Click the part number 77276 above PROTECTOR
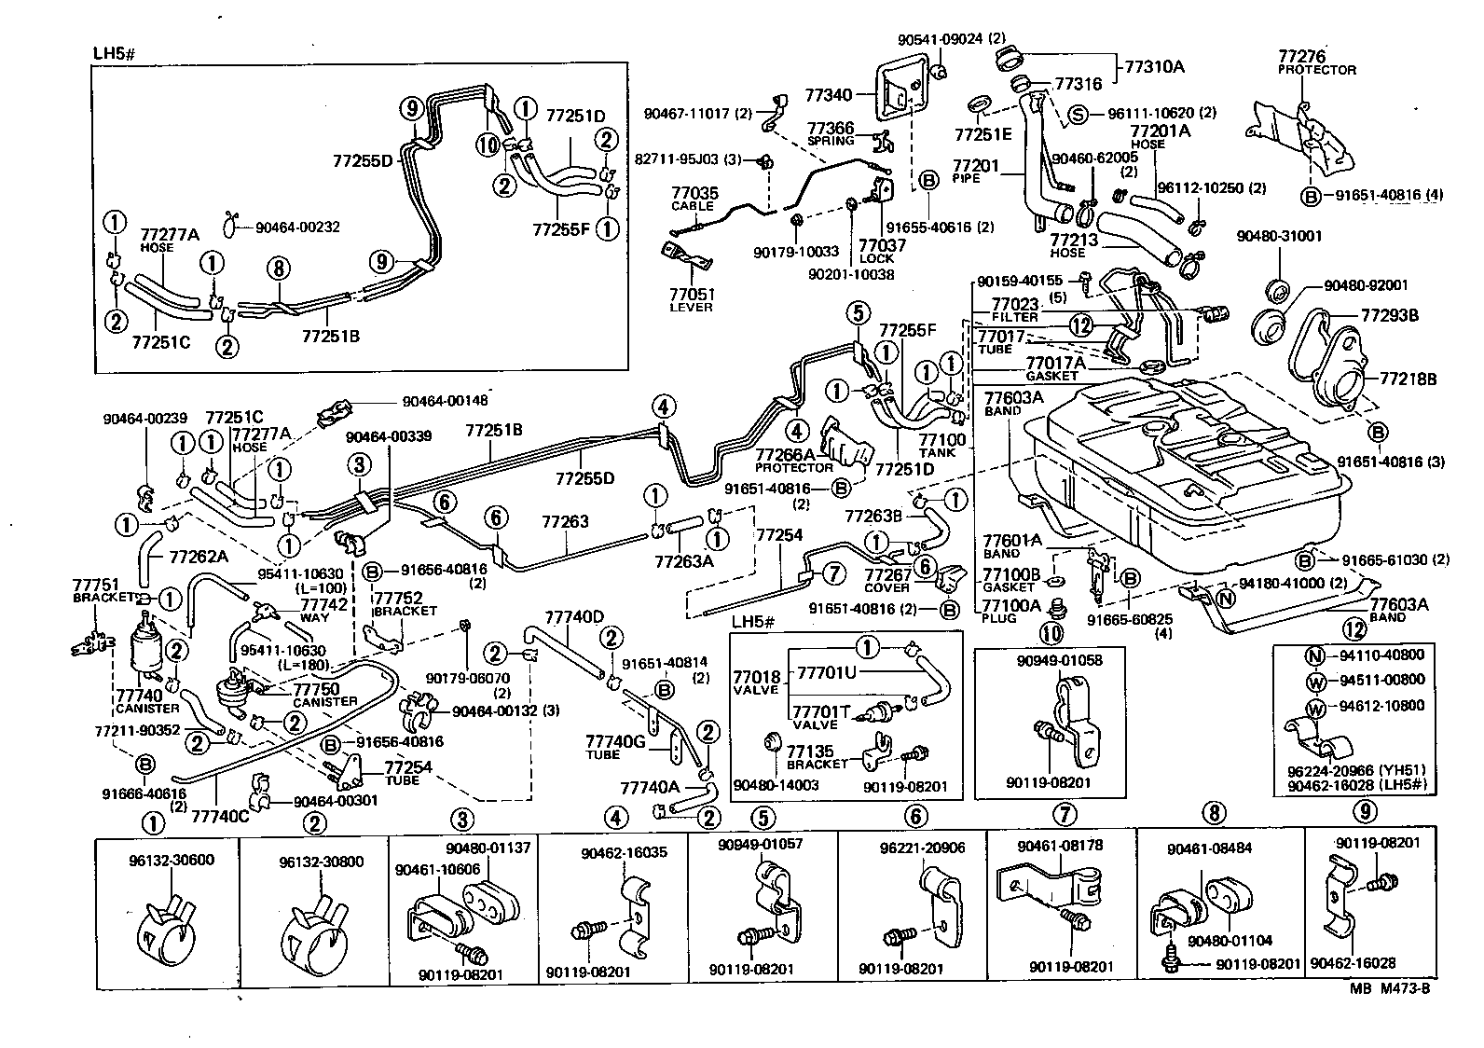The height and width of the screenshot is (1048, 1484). [x=1301, y=57]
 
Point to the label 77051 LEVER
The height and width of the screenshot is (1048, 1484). [x=691, y=299]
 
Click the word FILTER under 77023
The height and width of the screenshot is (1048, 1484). [x=1014, y=317]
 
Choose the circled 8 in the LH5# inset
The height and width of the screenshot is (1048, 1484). [x=277, y=269]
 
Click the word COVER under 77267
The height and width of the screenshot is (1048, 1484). [x=886, y=587]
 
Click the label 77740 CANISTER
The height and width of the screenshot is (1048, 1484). [x=140, y=700]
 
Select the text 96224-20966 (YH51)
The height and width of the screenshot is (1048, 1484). [x=1339, y=772]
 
